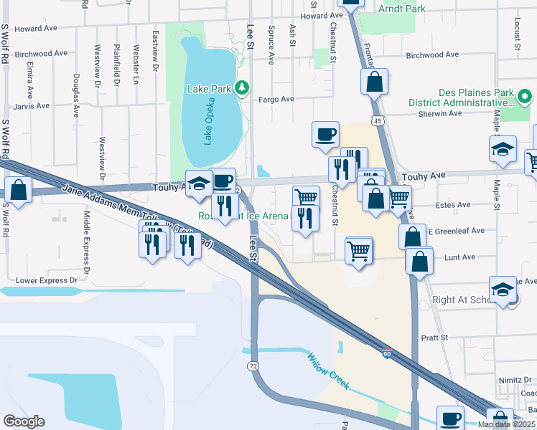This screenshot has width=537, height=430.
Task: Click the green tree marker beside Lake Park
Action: point(243,88)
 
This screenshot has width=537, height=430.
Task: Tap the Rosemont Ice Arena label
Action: point(244,216)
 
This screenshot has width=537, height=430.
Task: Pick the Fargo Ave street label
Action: point(276,100)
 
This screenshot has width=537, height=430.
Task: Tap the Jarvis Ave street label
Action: point(32,105)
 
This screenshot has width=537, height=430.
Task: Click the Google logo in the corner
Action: point(24,421)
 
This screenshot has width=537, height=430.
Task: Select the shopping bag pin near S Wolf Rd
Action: point(18,191)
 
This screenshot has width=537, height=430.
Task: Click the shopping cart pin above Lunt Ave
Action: point(358,251)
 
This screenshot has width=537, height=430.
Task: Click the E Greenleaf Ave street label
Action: point(456,231)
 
